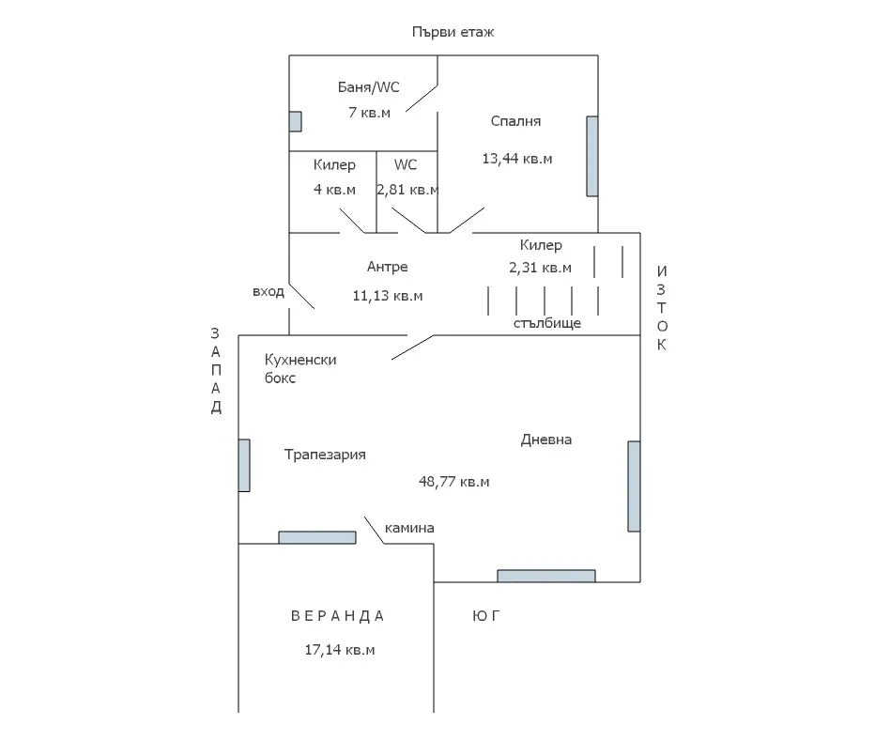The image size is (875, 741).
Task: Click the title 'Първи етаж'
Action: pos(453,32)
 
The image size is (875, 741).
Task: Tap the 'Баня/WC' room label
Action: pos(368,87)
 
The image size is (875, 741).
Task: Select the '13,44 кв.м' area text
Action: pos(516,159)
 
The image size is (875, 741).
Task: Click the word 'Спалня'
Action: pos(515,121)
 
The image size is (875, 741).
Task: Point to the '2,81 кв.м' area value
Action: pos(407,190)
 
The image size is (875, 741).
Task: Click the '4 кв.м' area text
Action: pos(334,190)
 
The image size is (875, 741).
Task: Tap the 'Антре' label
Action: pos(387,268)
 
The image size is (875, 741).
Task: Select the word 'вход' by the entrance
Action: pos(268,292)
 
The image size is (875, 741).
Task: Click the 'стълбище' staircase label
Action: pos(546,323)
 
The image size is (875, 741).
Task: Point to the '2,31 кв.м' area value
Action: pos(540,268)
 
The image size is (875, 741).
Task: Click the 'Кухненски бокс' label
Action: pos(299,369)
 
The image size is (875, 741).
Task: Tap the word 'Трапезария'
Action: pos(325,455)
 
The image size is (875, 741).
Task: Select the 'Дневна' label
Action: pos(546,440)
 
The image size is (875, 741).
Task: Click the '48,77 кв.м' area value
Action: pos(453,482)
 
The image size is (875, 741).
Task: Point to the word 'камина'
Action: pos(409,528)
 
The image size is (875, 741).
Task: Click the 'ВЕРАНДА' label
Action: pos(337,616)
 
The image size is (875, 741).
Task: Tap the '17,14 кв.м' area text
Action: pos(340,650)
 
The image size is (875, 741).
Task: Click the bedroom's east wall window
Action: pos(591,156)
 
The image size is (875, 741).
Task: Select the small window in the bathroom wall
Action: pos(295,121)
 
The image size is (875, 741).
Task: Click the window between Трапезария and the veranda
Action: pos(317,537)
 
